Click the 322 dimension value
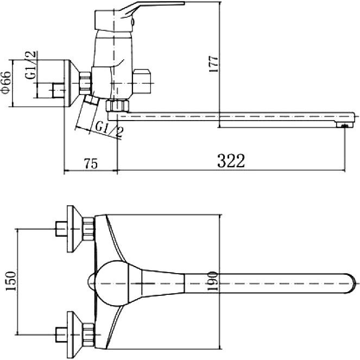coord(231,161)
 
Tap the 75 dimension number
coord(91,163)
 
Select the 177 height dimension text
coord(213,64)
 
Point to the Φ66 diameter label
coord(6,83)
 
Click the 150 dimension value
coord(10,281)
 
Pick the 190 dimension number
coord(213,281)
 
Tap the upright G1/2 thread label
coord(30,65)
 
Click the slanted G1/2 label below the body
coord(109,129)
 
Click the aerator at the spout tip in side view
coord(344,125)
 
